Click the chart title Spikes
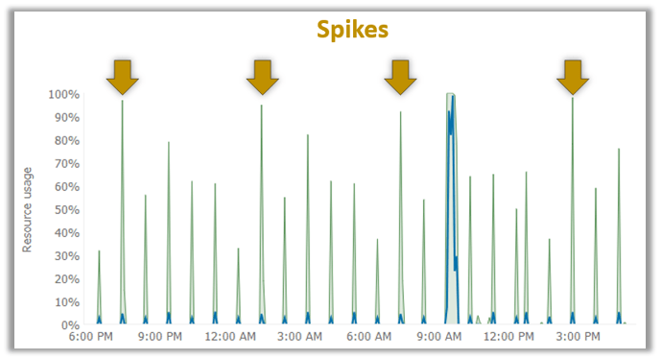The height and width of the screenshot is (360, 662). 352,30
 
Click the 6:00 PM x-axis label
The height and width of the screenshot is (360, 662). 91,338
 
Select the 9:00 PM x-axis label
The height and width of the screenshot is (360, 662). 160,338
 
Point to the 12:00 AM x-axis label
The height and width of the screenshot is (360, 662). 230,338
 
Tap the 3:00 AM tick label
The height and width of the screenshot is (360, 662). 299,338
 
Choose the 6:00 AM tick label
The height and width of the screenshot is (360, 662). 369,338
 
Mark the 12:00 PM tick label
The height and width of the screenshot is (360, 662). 509,338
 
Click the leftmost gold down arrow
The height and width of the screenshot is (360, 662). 122,77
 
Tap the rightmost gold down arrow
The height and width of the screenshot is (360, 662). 573,77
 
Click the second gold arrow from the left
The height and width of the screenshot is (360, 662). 261,77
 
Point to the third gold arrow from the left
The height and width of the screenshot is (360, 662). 400,77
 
